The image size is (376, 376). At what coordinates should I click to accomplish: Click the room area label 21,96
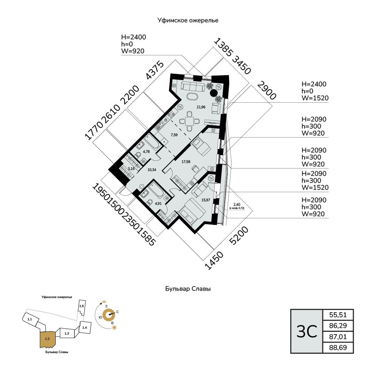click(201, 107)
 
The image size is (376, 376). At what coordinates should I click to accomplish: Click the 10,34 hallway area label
click(151, 170)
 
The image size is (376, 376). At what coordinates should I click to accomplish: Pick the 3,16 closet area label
click(131, 169)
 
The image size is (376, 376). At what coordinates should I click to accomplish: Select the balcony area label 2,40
click(237, 204)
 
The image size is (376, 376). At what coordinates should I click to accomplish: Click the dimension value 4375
click(155, 71)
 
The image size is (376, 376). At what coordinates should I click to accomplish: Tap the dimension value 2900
click(267, 91)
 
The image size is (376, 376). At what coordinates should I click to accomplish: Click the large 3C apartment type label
click(307, 331)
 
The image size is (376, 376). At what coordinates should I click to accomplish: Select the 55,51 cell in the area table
click(338, 315)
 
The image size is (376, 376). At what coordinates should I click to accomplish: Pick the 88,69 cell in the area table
click(338, 348)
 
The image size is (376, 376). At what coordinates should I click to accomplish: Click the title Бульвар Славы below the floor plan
click(188, 289)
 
